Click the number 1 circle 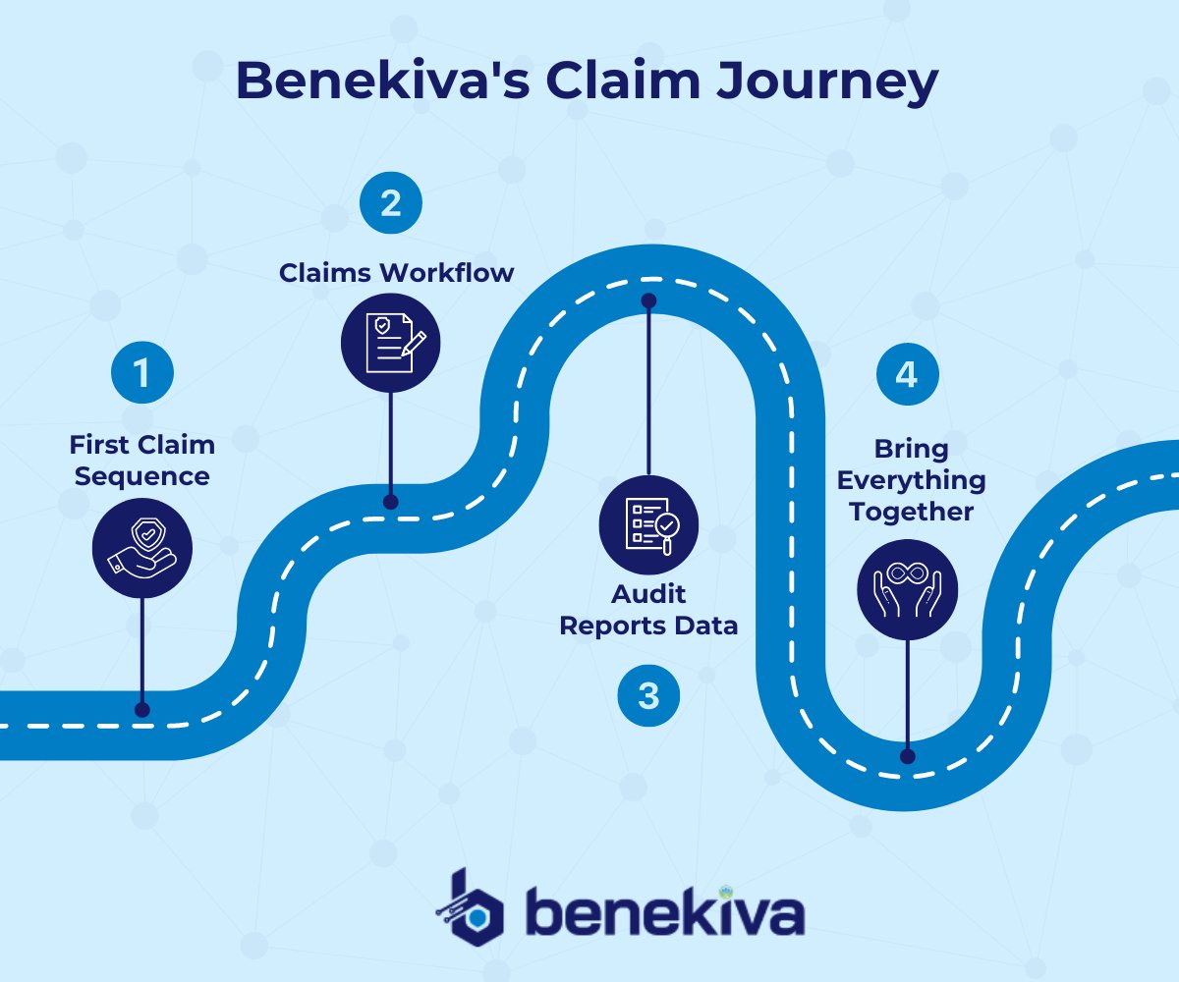point(141,373)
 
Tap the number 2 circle point(390,204)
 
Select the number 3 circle point(648,695)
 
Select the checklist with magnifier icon point(648,524)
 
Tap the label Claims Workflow point(396,272)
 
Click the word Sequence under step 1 point(142,476)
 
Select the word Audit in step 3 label point(648,594)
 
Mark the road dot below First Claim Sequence point(142,709)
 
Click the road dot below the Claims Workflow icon point(390,502)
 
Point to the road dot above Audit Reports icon point(648,300)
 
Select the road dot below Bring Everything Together point(907,756)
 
